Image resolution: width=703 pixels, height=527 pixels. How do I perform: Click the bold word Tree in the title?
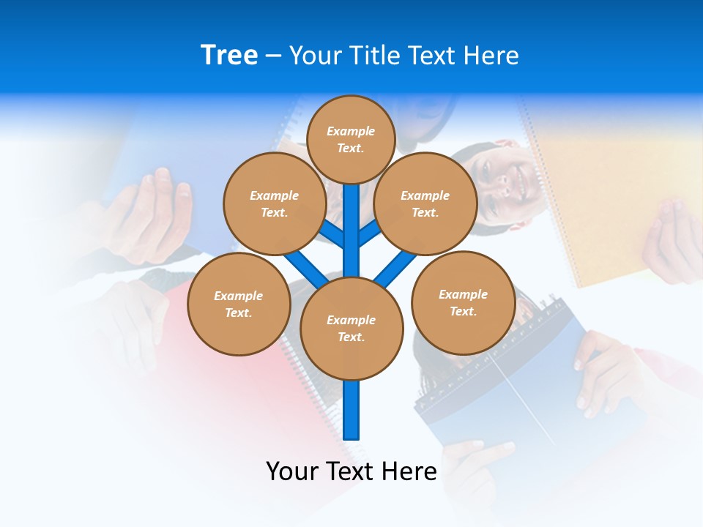(x=229, y=56)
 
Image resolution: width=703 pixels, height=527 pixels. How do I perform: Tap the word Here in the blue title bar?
(x=491, y=56)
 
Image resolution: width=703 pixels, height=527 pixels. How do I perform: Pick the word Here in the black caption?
(x=410, y=471)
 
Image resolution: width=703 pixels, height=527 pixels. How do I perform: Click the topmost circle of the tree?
(x=351, y=139)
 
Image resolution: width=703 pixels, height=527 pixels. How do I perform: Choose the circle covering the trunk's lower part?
(x=351, y=329)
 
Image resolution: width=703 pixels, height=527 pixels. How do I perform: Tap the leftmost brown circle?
(x=239, y=304)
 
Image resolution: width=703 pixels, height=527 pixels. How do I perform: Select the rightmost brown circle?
(x=464, y=303)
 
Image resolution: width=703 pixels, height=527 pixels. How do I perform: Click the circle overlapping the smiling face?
(x=425, y=203)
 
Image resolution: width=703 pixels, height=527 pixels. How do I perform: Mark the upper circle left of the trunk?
(x=275, y=203)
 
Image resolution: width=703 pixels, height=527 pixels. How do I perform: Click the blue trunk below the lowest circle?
(x=351, y=410)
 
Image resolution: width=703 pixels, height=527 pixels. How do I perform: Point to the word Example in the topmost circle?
(x=351, y=132)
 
